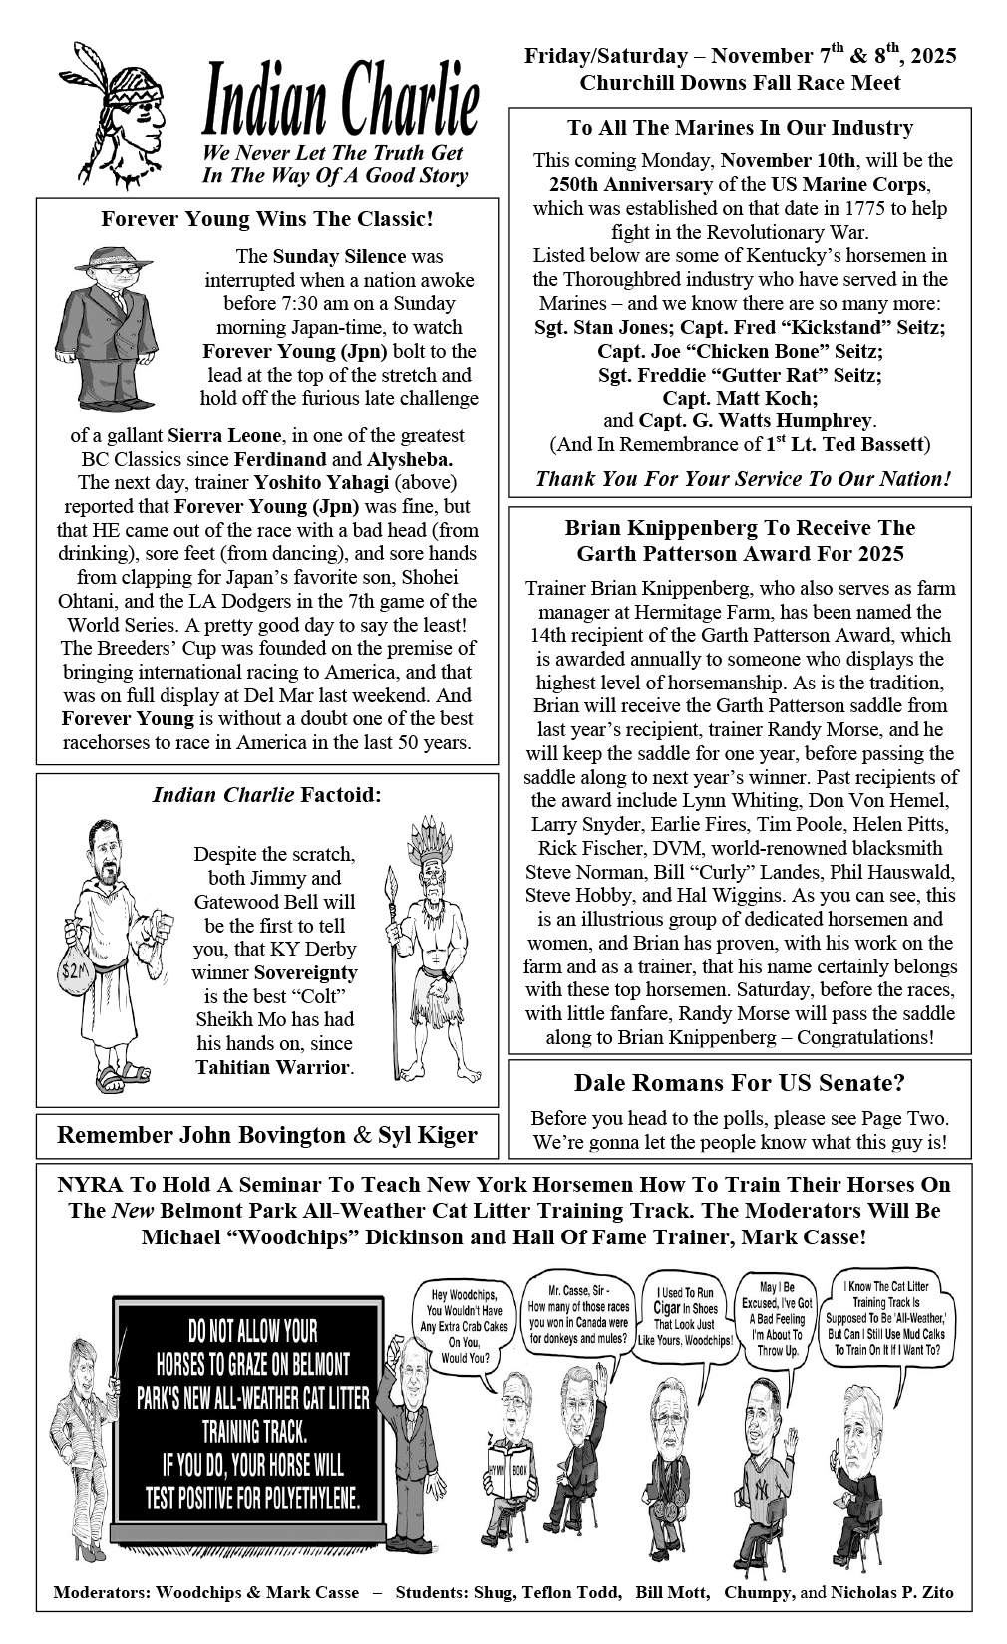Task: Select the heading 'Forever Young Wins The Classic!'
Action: [266, 218]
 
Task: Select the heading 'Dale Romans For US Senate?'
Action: [739, 1083]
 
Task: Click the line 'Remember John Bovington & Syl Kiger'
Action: [266, 1134]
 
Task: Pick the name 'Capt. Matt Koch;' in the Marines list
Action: [740, 398]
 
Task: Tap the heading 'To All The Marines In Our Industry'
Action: [740, 128]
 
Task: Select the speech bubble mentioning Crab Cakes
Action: [464, 1325]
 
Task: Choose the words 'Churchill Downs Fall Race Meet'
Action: [740, 83]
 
